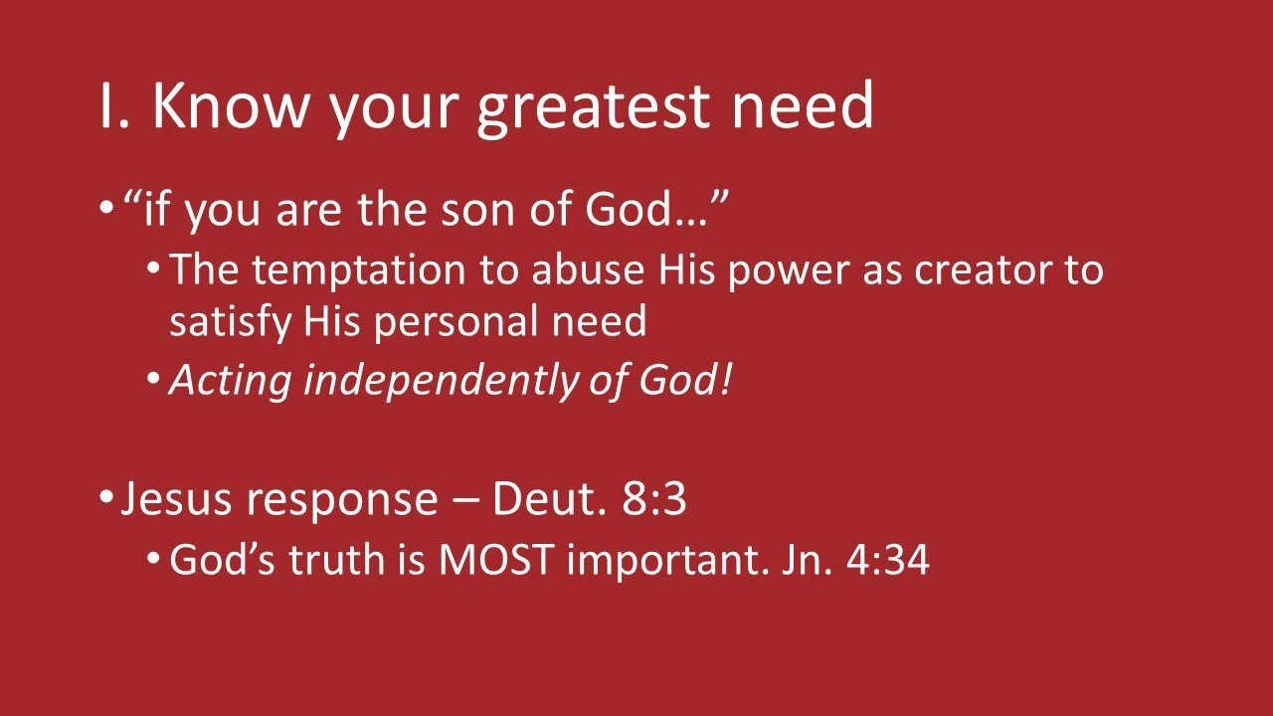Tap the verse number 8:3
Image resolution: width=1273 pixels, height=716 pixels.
click(x=654, y=500)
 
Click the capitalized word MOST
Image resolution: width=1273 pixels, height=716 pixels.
click(x=496, y=560)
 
